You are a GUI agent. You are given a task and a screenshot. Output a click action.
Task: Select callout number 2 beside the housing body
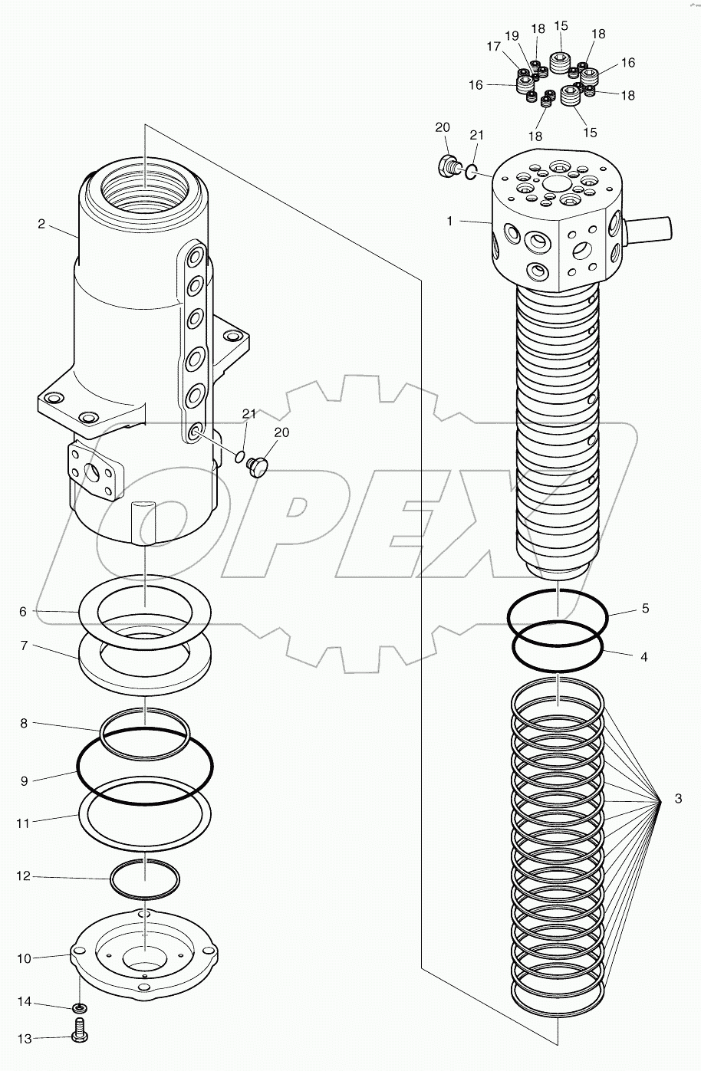click(x=41, y=225)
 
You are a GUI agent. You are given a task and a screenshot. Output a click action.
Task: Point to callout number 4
click(x=644, y=657)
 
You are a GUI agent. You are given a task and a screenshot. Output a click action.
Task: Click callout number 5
click(x=645, y=609)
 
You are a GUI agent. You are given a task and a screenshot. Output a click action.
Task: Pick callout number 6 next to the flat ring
click(x=23, y=612)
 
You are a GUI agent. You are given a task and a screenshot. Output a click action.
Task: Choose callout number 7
click(x=24, y=646)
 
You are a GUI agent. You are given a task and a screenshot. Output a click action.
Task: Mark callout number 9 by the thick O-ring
click(x=24, y=781)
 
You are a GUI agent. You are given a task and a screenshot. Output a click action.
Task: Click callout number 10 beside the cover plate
click(x=24, y=958)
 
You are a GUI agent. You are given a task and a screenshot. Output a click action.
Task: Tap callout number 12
click(x=24, y=876)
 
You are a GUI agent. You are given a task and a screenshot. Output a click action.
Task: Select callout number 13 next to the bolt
click(x=24, y=1039)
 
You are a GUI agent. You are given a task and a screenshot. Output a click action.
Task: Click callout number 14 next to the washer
click(x=24, y=1002)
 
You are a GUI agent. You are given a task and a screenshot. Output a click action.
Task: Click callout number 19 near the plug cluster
click(x=512, y=35)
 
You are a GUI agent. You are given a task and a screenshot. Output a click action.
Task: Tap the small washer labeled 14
click(x=80, y=1007)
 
